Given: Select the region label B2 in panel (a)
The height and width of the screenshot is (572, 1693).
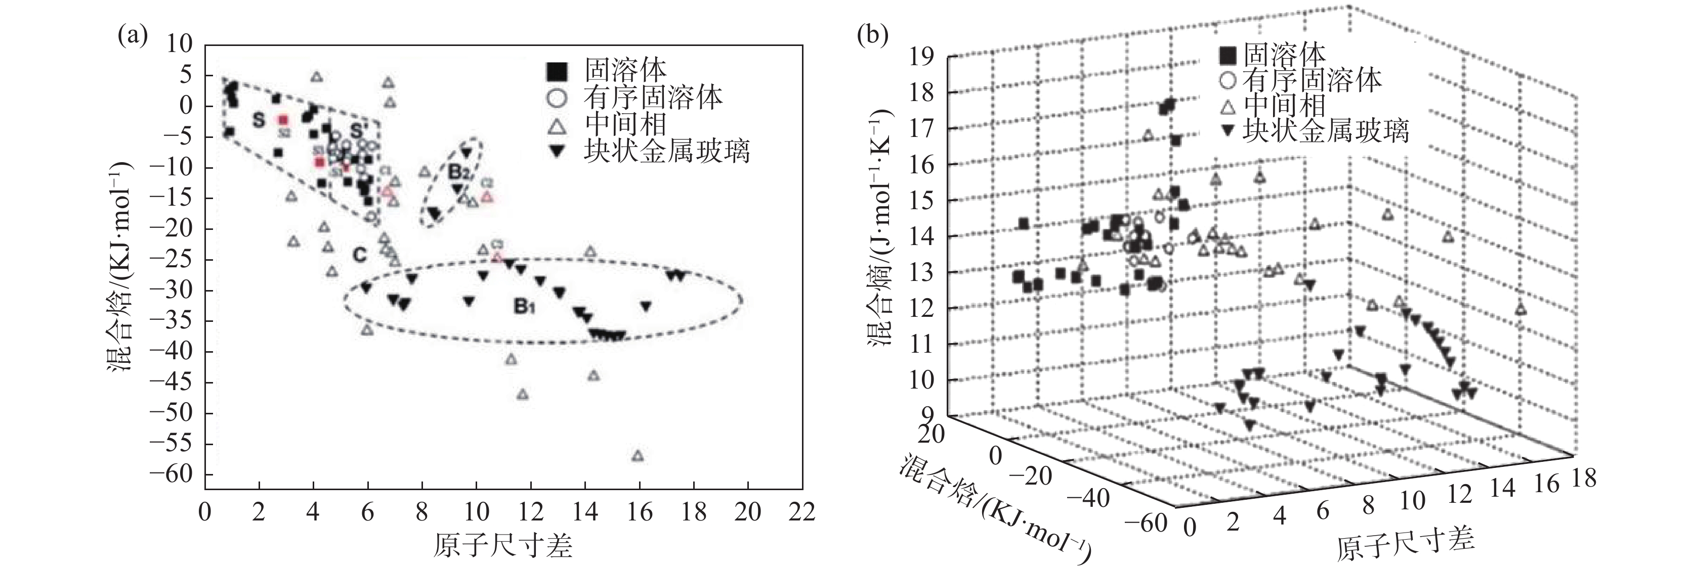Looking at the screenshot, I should pos(459,173).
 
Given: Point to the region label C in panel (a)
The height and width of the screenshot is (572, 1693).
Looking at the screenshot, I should pos(359,255).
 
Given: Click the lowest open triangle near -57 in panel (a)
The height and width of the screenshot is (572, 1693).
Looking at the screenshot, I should pos(637,455).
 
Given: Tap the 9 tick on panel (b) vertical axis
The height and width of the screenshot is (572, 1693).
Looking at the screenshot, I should pos(932,415).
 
